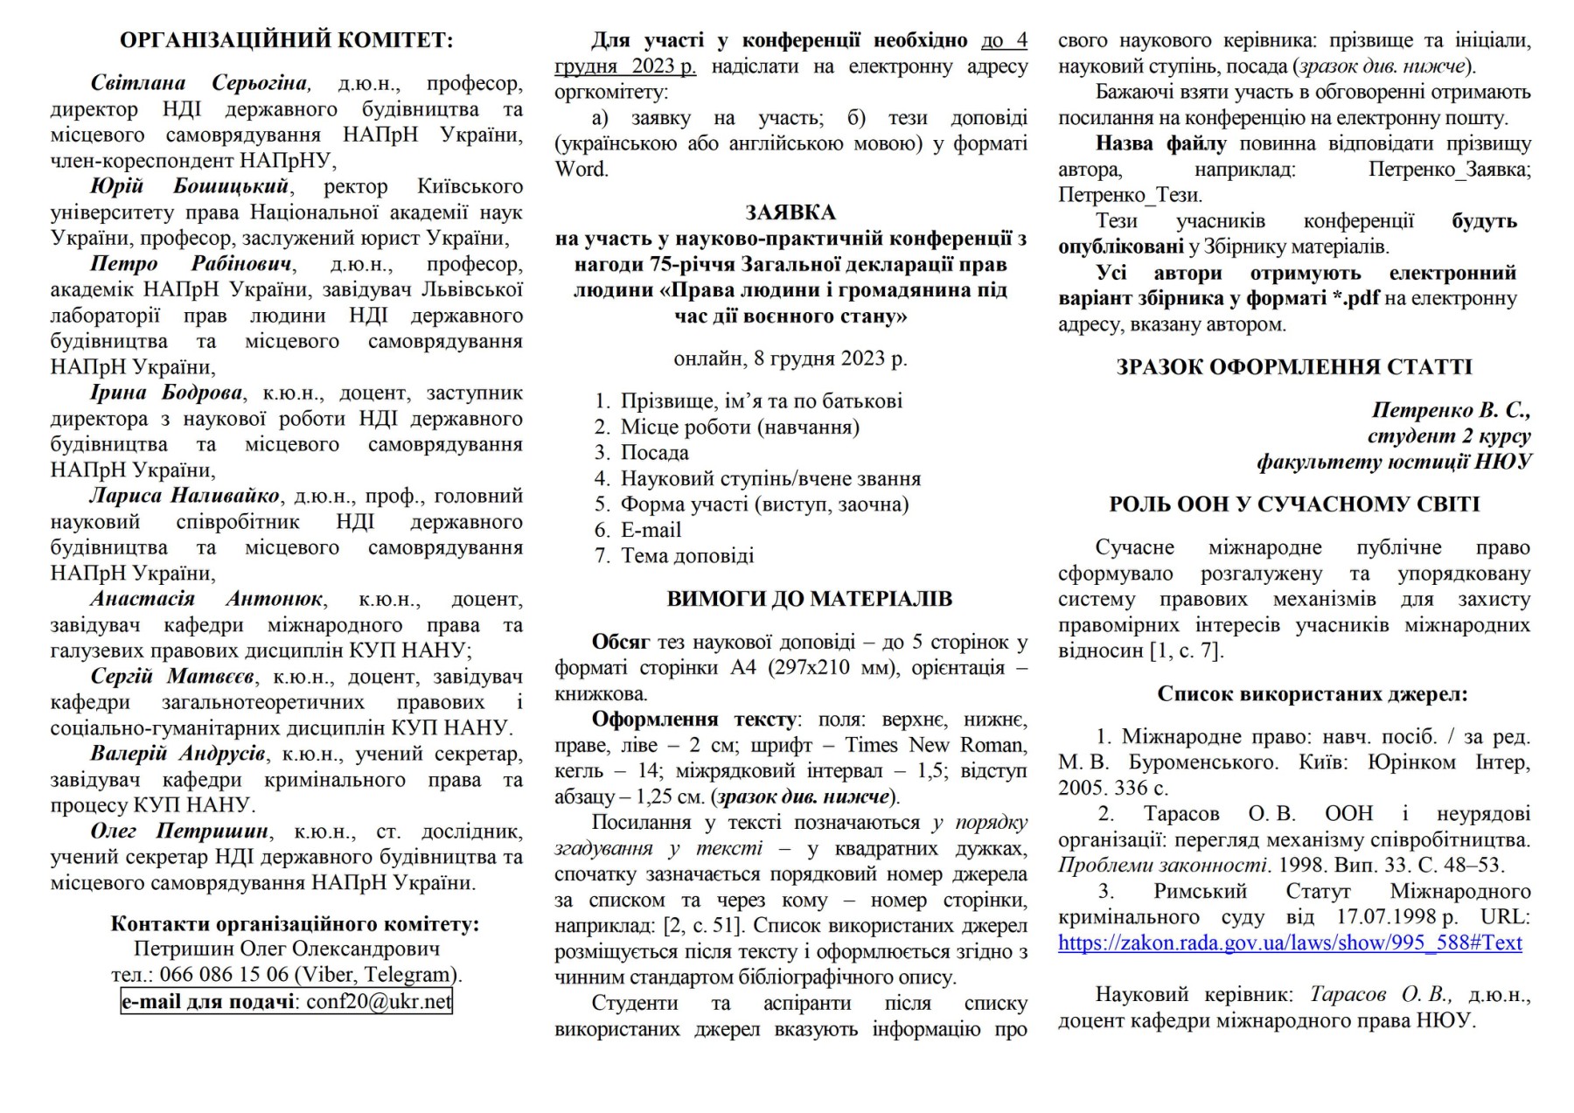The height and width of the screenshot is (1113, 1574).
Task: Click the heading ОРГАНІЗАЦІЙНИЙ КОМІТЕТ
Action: [x=286, y=40]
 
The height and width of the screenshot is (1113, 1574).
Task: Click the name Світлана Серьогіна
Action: [x=199, y=83]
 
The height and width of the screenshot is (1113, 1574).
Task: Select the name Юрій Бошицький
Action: [x=189, y=186]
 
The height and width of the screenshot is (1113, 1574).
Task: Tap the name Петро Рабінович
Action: [x=192, y=264]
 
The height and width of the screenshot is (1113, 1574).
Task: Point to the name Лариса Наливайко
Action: [x=184, y=496]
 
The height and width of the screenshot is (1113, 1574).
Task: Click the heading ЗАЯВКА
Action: [x=790, y=212]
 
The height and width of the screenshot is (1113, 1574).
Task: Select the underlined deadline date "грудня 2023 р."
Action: [x=625, y=66]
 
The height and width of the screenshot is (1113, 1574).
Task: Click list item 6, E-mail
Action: [x=650, y=530]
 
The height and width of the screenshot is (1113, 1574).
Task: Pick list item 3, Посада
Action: [x=654, y=453]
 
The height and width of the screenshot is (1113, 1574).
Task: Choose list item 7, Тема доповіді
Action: [x=686, y=556]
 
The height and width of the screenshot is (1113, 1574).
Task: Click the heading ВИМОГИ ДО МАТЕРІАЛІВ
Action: [x=809, y=599]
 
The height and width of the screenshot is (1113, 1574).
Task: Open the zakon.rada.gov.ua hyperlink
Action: [x=1290, y=943]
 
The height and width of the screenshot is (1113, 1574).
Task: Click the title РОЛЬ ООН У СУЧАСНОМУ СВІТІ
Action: [x=1294, y=504]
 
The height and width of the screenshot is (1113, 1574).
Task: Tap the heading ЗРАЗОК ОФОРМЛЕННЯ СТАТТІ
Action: [x=1294, y=367]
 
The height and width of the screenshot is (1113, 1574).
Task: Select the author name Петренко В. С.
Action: [x=1451, y=410]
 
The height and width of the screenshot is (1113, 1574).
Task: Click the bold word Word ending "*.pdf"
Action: [x=1355, y=298]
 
